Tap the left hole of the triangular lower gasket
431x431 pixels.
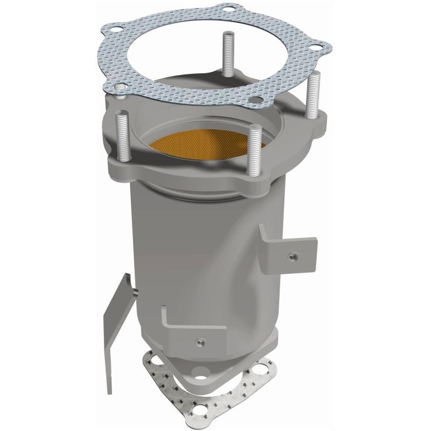(x=157, y=358)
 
